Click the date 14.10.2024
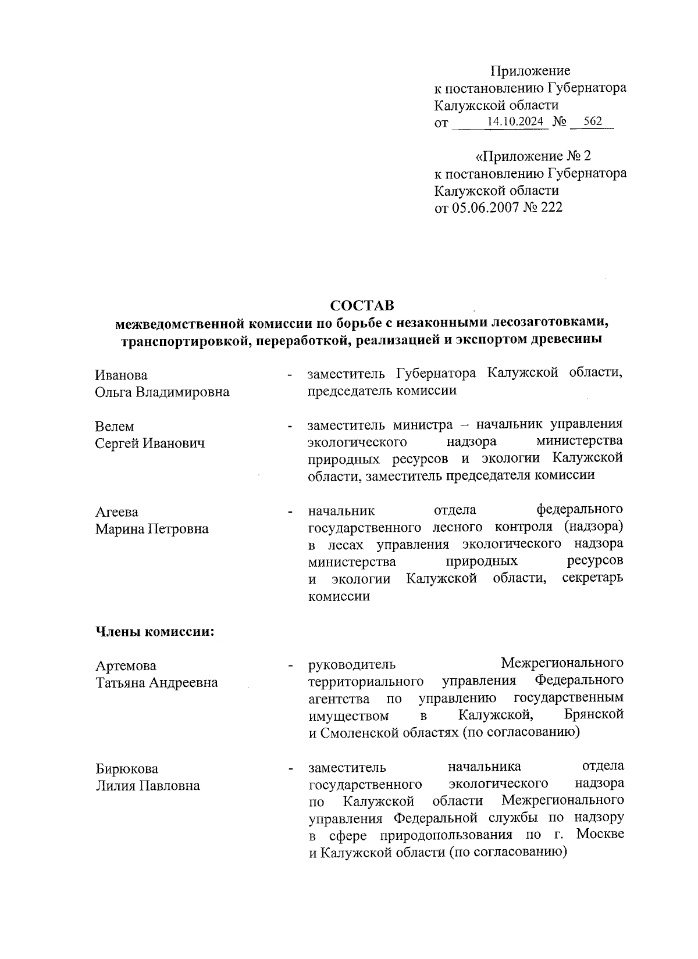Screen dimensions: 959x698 pos(515,121)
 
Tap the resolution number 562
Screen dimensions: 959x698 pos(592,121)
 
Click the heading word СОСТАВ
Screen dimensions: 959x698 pos(361,305)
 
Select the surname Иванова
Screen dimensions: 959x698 pos(121,375)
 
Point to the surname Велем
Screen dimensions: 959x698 pos(114,427)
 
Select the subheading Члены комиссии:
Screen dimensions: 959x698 pos(155,632)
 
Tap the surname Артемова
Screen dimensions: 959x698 pos(126,665)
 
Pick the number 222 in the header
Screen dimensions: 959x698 pos(551,207)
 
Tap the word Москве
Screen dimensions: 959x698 pos(601,835)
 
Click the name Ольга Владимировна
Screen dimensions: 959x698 pos(162,392)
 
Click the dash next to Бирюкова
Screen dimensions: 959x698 pos(289,769)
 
